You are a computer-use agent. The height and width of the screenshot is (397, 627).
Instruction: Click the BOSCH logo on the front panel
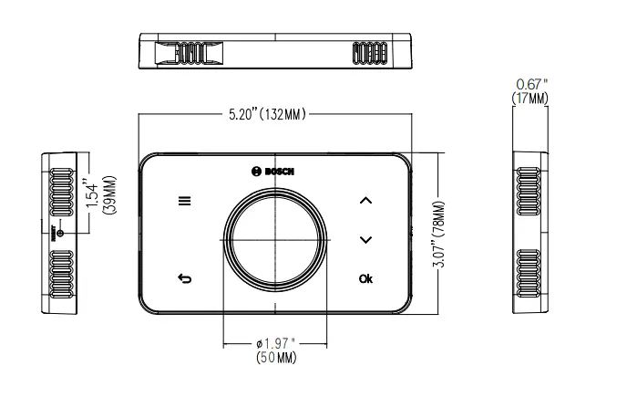[x=274, y=172]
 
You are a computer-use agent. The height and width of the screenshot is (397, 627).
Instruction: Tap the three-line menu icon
[x=185, y=201]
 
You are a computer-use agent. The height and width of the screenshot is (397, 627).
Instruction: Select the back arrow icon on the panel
[x=185, y=278]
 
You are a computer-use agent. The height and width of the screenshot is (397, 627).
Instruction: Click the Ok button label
[x=365, y=278]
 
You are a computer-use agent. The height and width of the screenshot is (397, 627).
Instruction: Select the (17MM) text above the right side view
[x=531, y=98]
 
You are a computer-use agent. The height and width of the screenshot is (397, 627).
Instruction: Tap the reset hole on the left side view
[x=60, y=234]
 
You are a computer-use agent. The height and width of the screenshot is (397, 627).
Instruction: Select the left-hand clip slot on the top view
[x=187, y=54]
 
